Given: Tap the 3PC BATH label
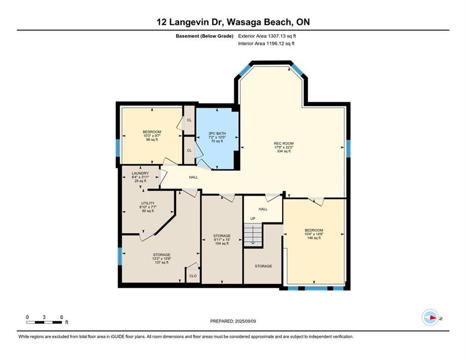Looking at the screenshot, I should tap(217, 133).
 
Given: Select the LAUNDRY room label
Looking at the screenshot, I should tap(140, 173).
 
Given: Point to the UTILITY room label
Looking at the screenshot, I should tap(148, 203).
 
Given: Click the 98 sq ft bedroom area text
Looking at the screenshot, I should tap(152, 140).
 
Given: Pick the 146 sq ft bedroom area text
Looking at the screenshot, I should tap(314, 238).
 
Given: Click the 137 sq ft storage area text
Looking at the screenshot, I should tap(161, 262).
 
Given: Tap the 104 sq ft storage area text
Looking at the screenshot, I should tap(222, 244).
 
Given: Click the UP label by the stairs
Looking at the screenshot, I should tap(252, 218).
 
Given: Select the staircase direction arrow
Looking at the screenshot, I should tap(252, 237).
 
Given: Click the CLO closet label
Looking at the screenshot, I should tap(193, 276).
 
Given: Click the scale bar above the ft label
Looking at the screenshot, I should tap(44, 322).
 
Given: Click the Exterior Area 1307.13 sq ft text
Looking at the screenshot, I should tap(267, 36).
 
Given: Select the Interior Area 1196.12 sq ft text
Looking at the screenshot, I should tap(266, 44).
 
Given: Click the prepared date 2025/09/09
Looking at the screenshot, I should tap(233, 321).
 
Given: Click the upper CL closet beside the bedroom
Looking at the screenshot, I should tap(189, 120).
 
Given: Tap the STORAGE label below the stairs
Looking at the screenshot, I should tap(263, 266).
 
